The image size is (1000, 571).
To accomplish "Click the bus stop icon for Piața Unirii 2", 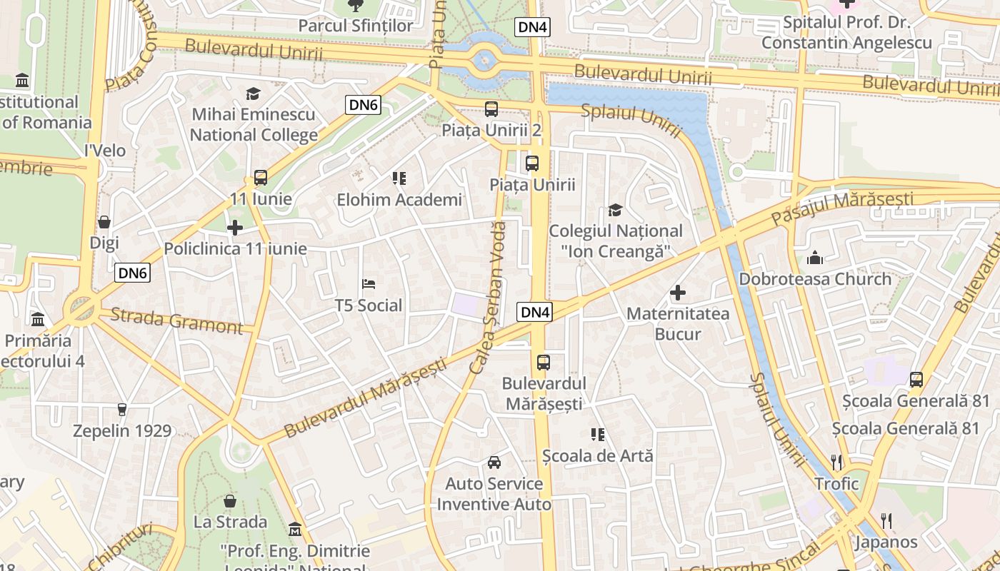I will point(491,109).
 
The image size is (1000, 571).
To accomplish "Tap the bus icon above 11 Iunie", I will point(261,178).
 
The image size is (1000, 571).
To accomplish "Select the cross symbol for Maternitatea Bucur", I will point(677,293).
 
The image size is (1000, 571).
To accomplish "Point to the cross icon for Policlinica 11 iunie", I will point(235,228).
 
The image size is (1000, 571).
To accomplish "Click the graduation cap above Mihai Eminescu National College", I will point(253,94).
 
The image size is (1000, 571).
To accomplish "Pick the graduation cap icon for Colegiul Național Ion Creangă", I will point(615,210).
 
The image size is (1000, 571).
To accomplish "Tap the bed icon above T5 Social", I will point(369,284).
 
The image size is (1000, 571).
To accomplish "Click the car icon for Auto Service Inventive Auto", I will point(494,463).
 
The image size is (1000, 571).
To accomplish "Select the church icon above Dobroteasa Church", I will point(815,258).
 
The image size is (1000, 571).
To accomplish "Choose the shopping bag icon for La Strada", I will point(230,501).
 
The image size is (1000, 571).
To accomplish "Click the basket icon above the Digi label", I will point(104,222).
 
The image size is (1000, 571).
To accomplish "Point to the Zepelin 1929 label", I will point(122,431).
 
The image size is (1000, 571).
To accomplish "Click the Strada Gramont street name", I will point(177,320).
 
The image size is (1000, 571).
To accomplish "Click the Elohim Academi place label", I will point(399,200).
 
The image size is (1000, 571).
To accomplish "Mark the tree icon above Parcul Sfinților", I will point(355,6).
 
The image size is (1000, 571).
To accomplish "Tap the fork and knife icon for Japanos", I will point(886,520).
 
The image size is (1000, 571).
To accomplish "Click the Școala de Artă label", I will point(597,455).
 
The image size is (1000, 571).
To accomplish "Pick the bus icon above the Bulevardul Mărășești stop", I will point(544,362).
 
